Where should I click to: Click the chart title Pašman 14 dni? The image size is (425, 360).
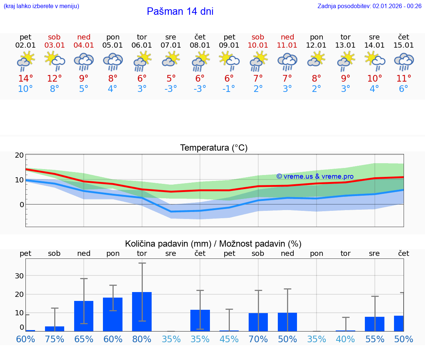click(180, 11)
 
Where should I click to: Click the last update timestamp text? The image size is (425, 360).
click(369, 6)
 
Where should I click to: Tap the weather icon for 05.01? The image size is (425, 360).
click(113, 62)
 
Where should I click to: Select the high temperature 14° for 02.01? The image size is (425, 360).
click(25, 79)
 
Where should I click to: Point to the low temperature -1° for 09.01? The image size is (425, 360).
click(229, 89)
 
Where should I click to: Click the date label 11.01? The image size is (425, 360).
click(287, 45)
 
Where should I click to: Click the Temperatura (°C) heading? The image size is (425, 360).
click(214, 148)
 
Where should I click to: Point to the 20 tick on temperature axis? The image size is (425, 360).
click(19, 155)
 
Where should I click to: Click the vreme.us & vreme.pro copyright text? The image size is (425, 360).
click(315, 176)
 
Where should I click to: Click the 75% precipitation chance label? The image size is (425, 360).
click(55, 339)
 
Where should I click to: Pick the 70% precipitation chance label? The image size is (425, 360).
click(258, 339)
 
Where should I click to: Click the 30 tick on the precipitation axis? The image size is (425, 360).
click(19, 275)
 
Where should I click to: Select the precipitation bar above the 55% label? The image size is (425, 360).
click(374, 324)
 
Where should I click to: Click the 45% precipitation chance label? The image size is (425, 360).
click(229, 339)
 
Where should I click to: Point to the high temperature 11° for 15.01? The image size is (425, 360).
click(404, 79)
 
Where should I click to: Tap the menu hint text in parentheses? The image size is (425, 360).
click(41, 6)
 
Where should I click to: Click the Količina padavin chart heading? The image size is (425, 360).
click(213, 244)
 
